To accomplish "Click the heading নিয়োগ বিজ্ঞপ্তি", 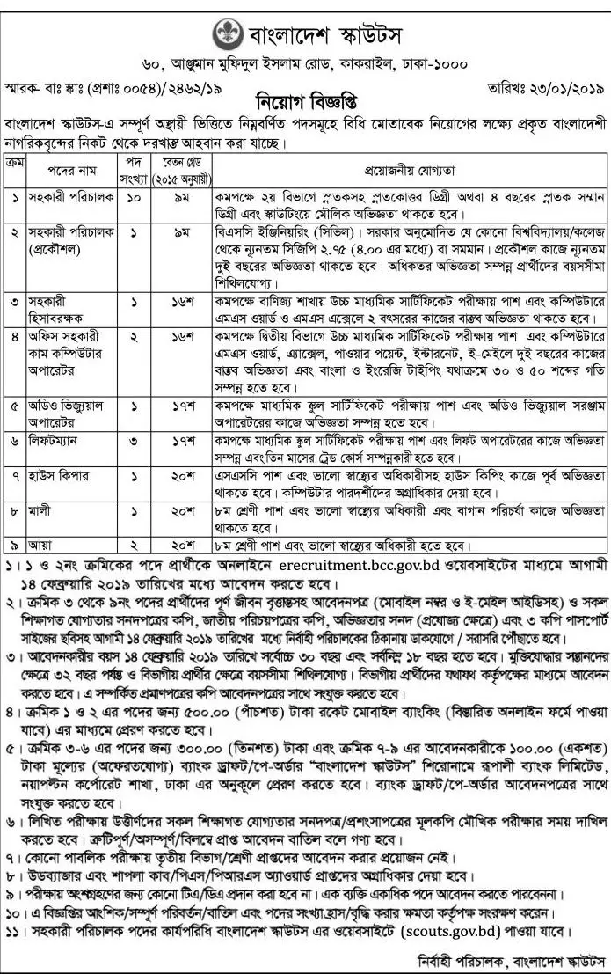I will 304,96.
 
